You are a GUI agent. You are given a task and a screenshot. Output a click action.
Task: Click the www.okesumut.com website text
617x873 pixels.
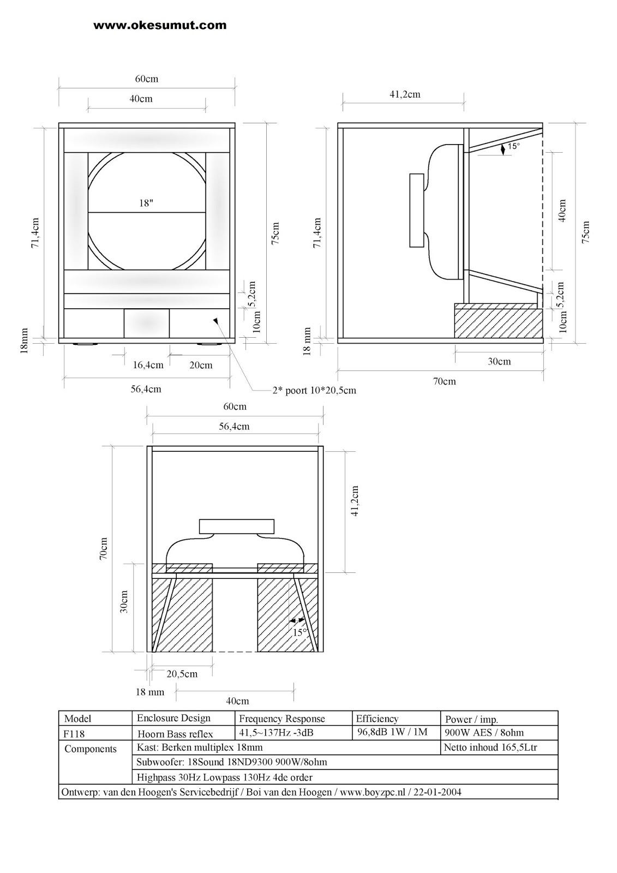(160, 25)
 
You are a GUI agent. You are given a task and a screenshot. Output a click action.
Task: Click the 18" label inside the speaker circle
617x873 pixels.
(146, 203)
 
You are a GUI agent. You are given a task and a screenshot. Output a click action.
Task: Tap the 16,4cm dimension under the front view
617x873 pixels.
(148, 365)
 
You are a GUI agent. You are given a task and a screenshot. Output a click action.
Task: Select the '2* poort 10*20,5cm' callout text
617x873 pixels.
(314, 390)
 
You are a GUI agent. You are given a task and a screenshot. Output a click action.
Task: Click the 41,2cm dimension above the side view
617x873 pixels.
(405, 94)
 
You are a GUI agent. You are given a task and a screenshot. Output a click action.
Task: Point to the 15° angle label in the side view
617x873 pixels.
(513, 146)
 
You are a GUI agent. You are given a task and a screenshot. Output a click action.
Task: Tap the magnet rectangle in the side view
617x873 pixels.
(416, 210)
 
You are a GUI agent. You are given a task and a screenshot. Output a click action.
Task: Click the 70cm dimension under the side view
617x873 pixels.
(444, 381)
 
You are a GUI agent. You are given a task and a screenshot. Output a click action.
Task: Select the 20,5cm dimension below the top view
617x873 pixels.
(182, 674)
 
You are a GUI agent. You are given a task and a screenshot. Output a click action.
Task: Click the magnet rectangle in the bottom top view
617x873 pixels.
(236, 527)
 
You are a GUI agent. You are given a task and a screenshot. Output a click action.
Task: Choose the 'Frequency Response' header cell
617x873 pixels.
(281, 719)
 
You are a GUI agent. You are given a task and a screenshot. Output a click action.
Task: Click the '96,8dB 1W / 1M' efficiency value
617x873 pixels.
(392, 732)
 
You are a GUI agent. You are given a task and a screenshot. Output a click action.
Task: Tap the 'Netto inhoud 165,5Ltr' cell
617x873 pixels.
(490, 748)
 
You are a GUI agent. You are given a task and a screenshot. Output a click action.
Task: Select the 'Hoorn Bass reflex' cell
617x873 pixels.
(175, 734)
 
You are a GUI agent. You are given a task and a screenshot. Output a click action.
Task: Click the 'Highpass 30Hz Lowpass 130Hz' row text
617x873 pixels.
(224, 777)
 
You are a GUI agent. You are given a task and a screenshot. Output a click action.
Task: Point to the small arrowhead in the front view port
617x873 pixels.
(217, 321)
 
